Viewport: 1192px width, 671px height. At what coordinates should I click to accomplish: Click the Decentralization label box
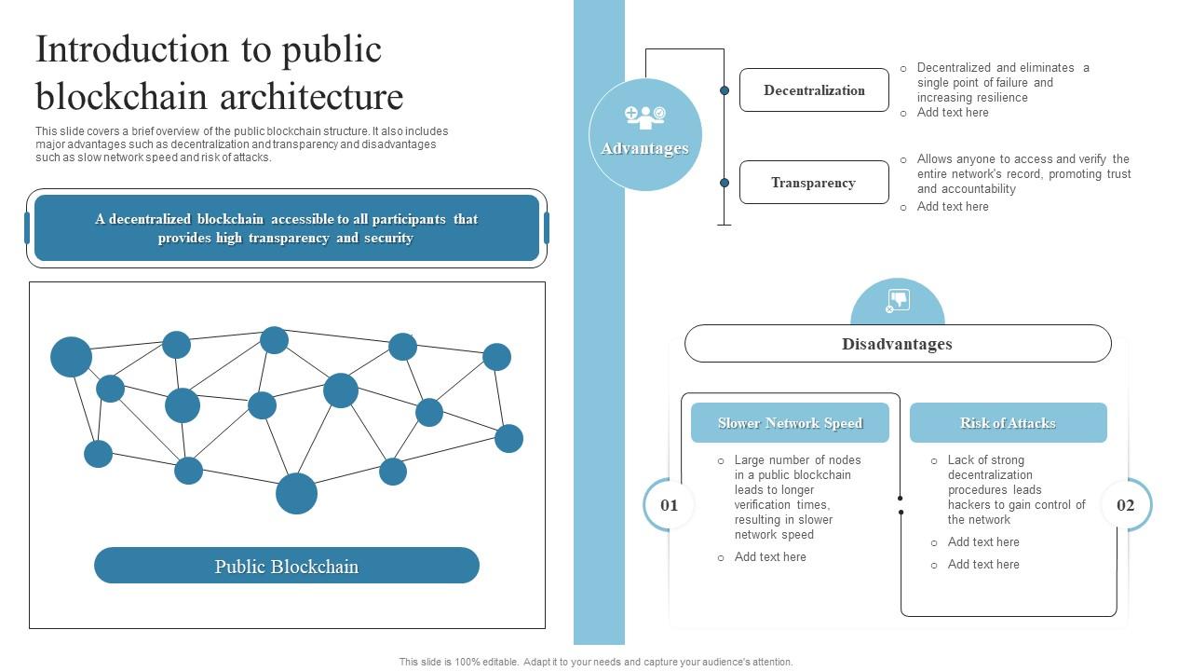tap(814, 90)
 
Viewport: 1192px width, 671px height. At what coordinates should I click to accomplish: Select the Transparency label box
tap(814, 183)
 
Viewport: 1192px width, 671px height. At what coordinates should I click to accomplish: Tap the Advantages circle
tap(645, 135)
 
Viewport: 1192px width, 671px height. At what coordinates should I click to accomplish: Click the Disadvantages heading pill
tap(898, 344)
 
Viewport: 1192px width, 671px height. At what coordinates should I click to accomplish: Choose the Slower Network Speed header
tap(790, 423)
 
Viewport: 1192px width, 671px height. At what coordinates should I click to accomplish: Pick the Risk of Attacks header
tap(1008, 423)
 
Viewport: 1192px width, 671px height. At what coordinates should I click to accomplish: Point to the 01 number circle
tap(670, 505)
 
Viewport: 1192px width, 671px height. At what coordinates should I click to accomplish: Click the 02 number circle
tap(1125, 505)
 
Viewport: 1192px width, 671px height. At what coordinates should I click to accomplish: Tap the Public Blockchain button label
tap(287, 566)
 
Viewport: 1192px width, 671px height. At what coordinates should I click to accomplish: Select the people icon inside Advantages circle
tap(645, 116)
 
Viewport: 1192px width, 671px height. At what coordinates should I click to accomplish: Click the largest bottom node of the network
tap(296, 493)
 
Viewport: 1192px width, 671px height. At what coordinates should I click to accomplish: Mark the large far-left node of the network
tap(71, 357)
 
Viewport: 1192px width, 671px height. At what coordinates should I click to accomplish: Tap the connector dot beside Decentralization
tap(725, 90)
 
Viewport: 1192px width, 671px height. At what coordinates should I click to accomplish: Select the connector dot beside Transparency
tap(725, 183)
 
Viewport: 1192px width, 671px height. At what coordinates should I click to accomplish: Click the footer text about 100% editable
tap(596, 662)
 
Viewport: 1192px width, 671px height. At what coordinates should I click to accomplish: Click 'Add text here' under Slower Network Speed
tap(770, 557)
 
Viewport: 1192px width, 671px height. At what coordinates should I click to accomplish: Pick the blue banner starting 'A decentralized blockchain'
tap(287, 228)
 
